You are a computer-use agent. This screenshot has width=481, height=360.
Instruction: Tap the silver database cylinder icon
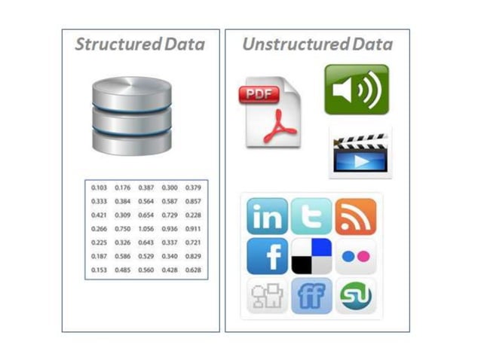point(131,114)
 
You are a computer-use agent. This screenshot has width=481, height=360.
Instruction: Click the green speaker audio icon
point(356,90)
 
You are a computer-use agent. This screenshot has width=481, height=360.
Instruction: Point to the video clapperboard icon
point(360,154)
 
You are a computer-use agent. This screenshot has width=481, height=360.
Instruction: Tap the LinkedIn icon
point(267,216)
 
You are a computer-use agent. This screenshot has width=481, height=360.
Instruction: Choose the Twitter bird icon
point(311,216)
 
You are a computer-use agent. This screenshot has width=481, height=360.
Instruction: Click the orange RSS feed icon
point(355,216)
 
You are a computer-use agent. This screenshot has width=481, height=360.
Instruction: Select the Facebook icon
point(267,256)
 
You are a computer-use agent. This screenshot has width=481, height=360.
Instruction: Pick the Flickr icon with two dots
point(355,256)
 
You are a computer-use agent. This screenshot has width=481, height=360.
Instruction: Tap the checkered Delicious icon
point(311,256)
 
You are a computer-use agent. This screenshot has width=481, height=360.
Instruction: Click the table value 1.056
point(146,228)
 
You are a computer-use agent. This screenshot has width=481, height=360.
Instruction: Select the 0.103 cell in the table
point(99,188)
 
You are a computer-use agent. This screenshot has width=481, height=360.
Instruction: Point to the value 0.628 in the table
point(194,269)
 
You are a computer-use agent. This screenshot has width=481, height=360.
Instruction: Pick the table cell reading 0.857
point(194,201)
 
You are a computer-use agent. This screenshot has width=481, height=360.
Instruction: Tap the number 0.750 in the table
point(123,228)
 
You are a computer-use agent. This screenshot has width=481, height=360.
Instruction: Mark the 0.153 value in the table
point(99,269)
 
